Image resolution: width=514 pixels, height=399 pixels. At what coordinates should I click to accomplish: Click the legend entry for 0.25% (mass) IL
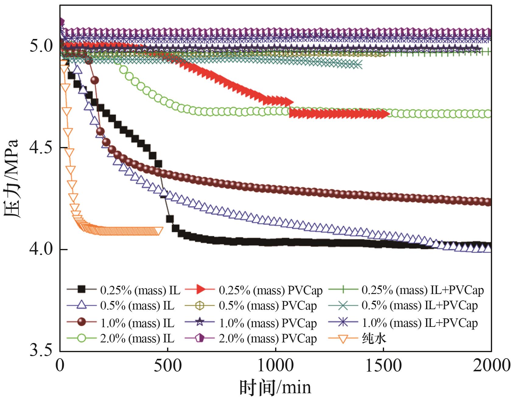pos(140,290)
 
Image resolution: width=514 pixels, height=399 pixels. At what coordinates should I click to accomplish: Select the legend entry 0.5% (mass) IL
pos(137,306)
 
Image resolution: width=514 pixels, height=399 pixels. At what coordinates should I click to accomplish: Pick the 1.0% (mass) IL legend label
pos(137,323)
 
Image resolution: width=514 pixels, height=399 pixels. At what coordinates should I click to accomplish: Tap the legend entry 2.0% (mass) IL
pos(137,338)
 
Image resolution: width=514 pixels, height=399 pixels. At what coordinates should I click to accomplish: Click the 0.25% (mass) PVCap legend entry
pos(270,290)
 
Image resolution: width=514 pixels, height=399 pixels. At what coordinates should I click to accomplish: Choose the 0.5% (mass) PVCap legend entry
pos(267,306)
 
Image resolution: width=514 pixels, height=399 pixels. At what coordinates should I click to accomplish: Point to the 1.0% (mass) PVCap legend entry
pos(267,323)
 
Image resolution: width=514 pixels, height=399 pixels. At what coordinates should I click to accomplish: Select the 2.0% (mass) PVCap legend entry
pos(267,338)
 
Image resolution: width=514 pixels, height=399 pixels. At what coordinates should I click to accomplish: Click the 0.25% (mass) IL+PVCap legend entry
pos(422,290)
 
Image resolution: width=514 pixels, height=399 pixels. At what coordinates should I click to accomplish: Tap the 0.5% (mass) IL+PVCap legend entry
pos(419,306)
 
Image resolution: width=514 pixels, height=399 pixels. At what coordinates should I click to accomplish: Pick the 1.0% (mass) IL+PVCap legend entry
pos(419,323)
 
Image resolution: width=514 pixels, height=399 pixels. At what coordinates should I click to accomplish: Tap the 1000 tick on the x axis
pos(275,366)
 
